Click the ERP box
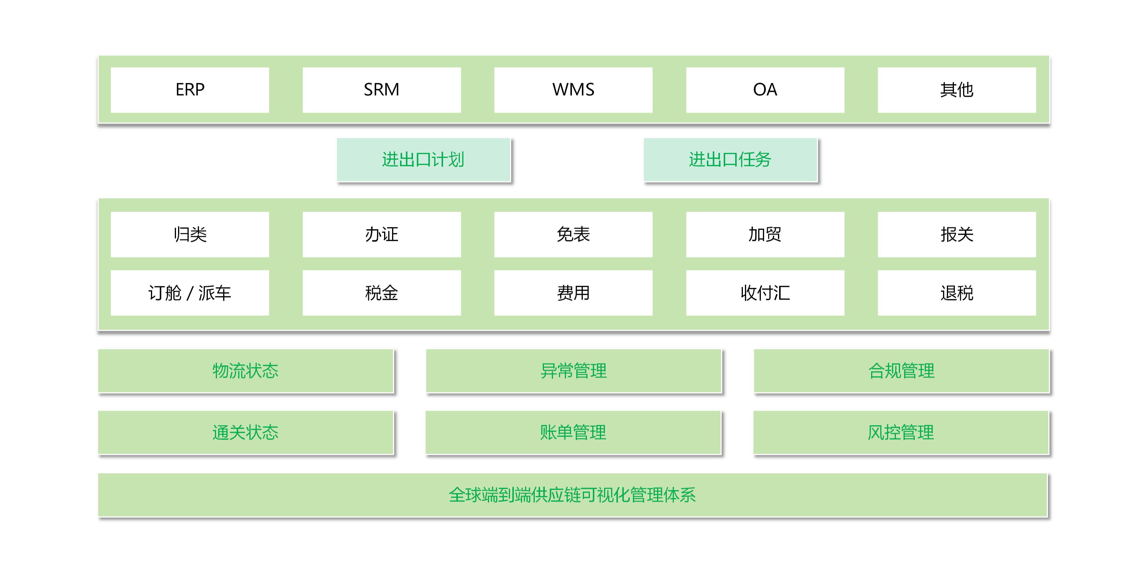click(190, 90)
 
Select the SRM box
click(381, 90)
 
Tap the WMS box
click(573, 90)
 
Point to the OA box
click(765, 90)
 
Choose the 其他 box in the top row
click(957, 90)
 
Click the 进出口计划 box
click(423, 160)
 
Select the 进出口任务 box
click(730, 160)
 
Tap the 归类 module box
click(190, 234)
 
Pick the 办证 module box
click(381, 234)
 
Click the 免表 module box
click(573, 234)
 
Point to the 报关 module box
click(957, 234)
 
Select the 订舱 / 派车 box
click(190, 293)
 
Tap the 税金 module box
click(381, 293)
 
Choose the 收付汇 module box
click(765, 293)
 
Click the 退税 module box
click(957, 293)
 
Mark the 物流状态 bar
click(246, 371)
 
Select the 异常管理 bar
click(573, 371)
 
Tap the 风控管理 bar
click(901, 432)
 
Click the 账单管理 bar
click(573, 432)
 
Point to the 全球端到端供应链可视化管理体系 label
click(572, 495)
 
